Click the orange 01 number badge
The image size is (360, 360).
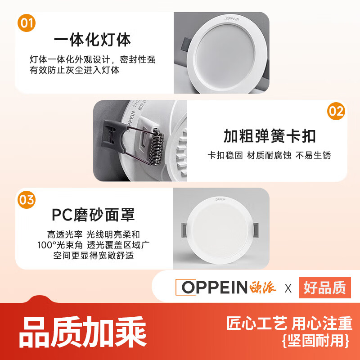tap(27, 23)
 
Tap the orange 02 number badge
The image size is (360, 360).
tap(336, 111)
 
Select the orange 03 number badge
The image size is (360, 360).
tap(27, 199)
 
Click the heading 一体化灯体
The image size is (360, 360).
tap(92, 40)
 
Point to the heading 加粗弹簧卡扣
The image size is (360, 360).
tap(270, 135)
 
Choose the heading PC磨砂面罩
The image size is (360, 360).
tap(93, 215)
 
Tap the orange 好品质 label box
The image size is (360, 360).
tap(324, 288)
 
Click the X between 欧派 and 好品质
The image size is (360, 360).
tap(288, 288)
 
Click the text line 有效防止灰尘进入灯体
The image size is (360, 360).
tap(75, 71)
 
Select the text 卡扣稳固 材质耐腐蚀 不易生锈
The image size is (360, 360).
tap(269, 155)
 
